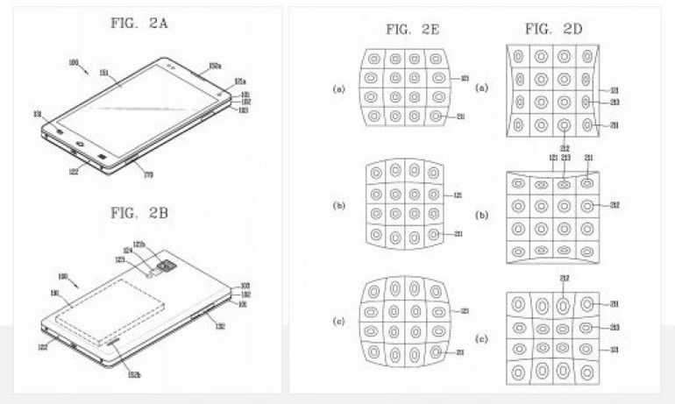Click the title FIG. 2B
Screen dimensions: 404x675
tap(141, 214)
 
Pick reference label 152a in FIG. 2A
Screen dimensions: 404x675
tap(215, 64)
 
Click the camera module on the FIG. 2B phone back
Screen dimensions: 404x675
tap(164, 264)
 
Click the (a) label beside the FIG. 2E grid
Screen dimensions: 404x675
tap(338, 89)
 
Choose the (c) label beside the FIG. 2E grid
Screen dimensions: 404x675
tap(338, 322)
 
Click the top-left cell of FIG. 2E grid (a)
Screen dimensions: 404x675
tap(373, 60)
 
